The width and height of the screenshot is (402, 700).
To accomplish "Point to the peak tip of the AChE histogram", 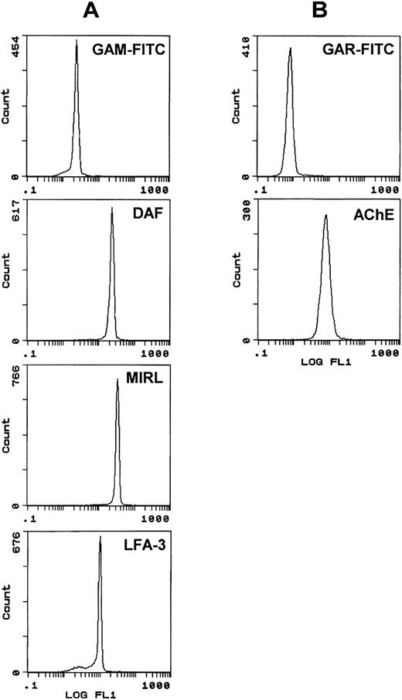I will coord(325,216).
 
